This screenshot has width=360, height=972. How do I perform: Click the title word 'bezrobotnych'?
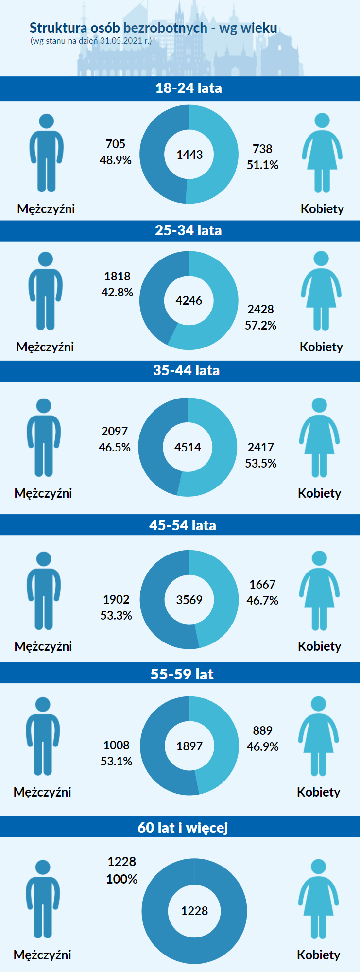click(x=166, y=28)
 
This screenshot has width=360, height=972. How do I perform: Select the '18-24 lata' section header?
click(x=189, y=88)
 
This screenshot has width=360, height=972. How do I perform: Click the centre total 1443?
click(x=189, y=155)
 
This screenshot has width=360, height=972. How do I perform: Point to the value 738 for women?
click(x=262, y=149)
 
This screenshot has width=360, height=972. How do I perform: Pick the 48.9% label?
click(x=116, y=160)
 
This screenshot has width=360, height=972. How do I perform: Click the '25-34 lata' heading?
click(x=188, y=230)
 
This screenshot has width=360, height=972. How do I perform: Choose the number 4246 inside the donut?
click(x=189, y=300)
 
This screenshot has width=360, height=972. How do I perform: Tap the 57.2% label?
click(x=260, y=325)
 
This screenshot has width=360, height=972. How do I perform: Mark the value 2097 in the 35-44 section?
click(x=115, y=431)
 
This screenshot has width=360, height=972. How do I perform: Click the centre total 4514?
click(x=188, y=447)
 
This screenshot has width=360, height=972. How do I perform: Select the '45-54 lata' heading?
click(x=183, y=525)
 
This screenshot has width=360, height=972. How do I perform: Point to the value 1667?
click(x=262, y=584)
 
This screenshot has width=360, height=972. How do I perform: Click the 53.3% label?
click(x=116, y=615)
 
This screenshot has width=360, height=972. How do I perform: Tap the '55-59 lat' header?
click(x=182, y=674)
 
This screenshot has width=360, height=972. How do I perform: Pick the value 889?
click(x=262, y=730)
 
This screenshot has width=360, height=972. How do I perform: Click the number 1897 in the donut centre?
click(x=189, y=746)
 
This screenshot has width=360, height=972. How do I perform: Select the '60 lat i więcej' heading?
click(x=183, y=828)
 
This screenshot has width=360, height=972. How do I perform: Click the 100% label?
click(x=122, y=879)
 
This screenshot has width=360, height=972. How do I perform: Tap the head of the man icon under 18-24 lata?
click(x=46, y=121)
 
